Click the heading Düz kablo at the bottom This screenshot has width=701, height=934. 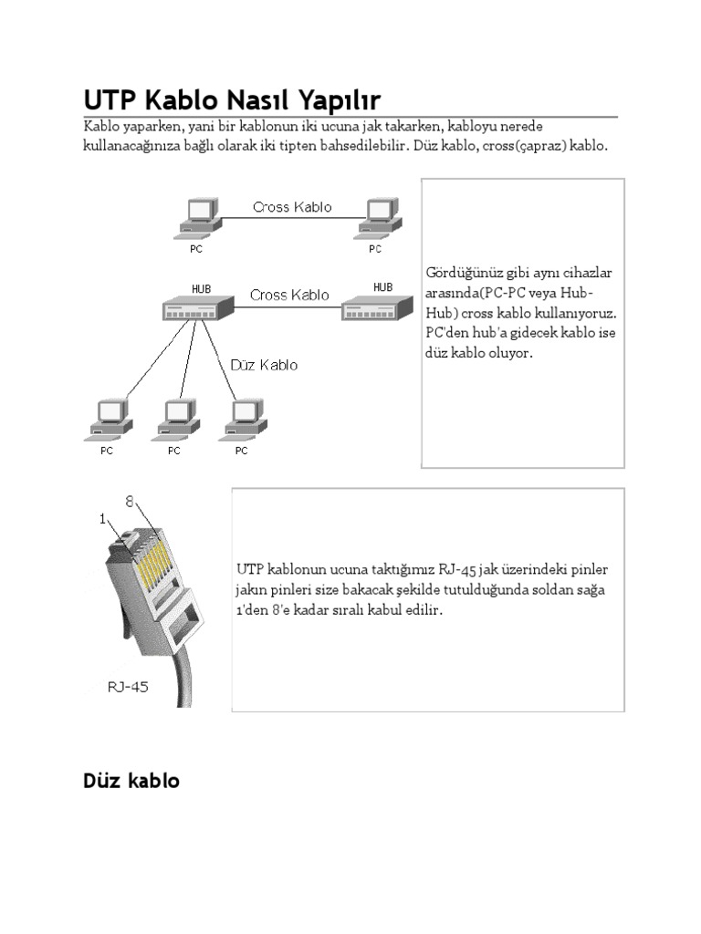point(131,781)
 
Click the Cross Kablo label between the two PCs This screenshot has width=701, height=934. point(292,207)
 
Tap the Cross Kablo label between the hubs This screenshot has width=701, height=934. point(289,295)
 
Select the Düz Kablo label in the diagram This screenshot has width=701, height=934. point(264,365)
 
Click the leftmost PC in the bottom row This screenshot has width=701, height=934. point(108,417)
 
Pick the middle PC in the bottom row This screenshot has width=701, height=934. point(175,417)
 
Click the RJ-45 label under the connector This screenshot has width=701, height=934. point(127,687)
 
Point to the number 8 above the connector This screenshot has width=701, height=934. point(130,501)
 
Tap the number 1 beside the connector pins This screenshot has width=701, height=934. point(104,518)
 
